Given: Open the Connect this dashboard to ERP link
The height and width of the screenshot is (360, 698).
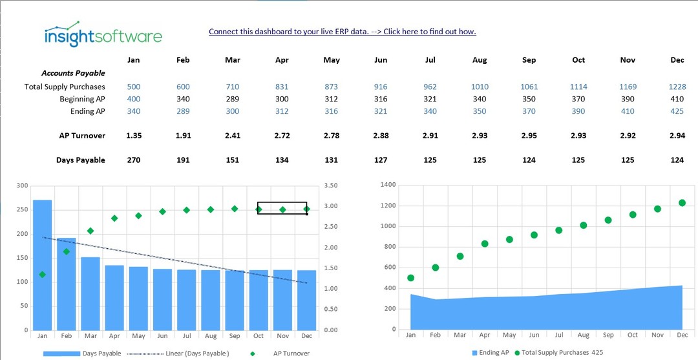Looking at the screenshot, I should coord(342,32).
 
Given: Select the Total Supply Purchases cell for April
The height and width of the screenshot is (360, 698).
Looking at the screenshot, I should coord(282,87).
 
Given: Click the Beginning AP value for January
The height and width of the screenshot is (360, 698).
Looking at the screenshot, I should coord(134,99).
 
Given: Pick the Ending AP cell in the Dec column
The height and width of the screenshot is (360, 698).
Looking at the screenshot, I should coord(677,111).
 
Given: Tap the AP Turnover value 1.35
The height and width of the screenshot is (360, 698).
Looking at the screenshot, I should coord(134,136).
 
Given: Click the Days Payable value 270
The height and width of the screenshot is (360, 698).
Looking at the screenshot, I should coord(134,160).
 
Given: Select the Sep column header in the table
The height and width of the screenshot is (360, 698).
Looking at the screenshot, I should coord(529,60).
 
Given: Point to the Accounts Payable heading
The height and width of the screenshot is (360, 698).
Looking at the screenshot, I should coord(73,74).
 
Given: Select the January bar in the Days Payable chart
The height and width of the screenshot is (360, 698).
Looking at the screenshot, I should coord(43,265).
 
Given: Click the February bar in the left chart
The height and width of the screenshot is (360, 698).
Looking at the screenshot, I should coord(67,284).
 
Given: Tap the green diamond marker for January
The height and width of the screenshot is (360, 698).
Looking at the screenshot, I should coord(43,275).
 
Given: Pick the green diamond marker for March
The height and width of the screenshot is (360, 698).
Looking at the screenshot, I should coord(90,231).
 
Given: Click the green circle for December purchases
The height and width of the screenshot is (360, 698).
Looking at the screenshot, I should coord(682,203).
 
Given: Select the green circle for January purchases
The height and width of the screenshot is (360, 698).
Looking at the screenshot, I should coord(410,278).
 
